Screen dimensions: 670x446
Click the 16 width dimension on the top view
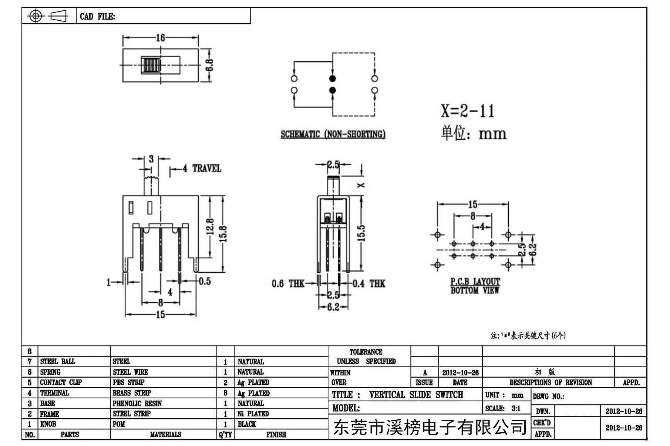160,38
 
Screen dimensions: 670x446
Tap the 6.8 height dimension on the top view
209,65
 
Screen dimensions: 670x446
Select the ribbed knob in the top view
151,65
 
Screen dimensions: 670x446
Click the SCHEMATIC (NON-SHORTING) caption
333,134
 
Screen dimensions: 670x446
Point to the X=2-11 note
467,111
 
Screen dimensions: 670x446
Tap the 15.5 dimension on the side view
361,233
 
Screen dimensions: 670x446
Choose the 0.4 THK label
369,284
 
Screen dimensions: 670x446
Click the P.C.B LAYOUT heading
475,282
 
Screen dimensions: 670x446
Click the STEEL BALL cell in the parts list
57,361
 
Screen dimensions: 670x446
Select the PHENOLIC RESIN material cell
137,404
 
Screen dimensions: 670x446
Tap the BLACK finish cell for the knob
247,424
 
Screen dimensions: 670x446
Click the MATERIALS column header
165,435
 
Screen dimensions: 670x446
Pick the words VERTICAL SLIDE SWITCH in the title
416,395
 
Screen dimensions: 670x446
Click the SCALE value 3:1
516,408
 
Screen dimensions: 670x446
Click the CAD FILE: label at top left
97,16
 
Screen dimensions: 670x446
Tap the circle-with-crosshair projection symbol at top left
36,16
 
